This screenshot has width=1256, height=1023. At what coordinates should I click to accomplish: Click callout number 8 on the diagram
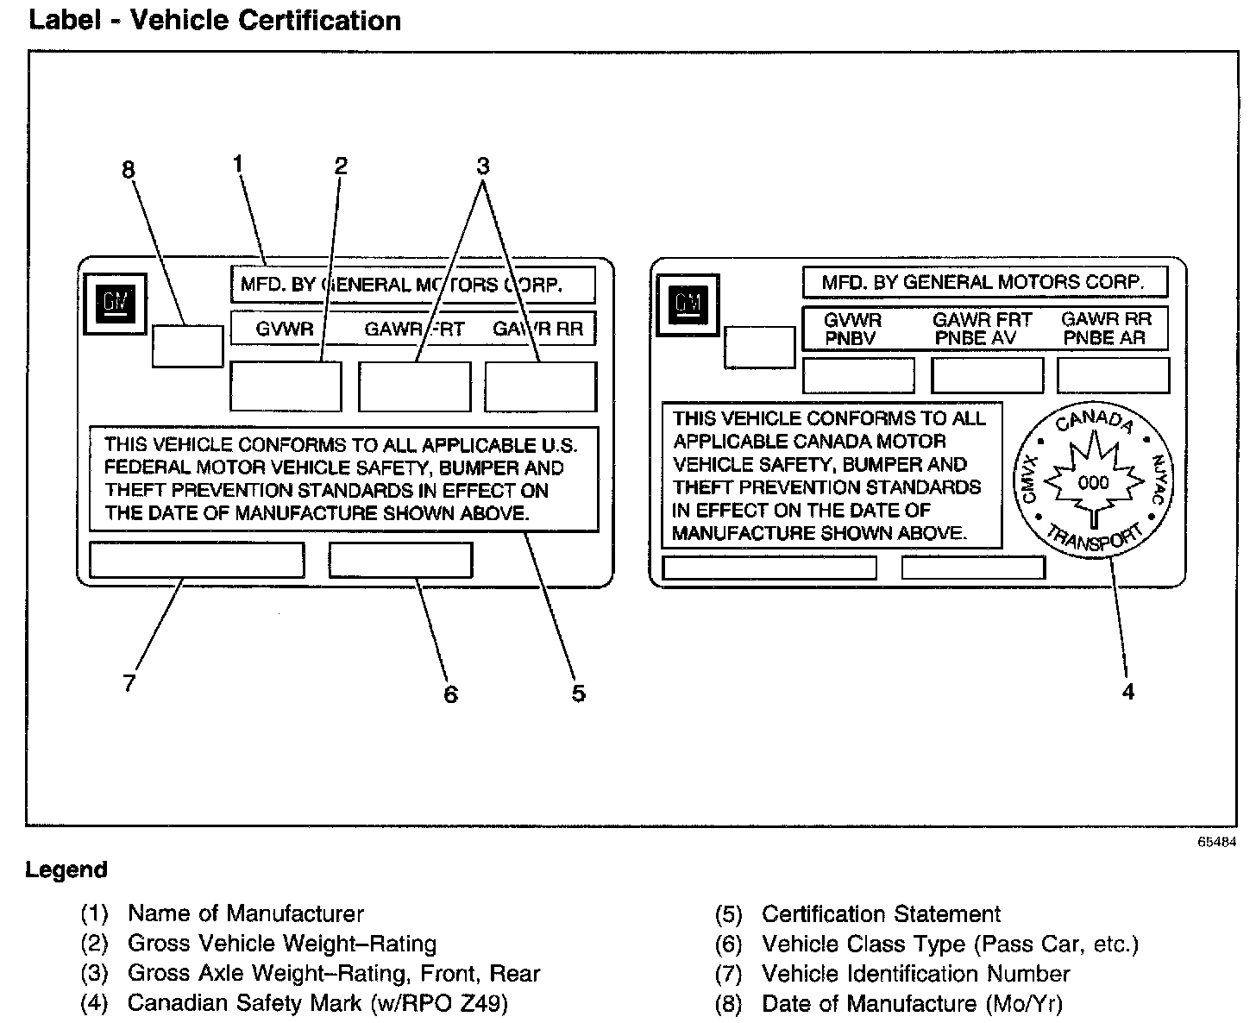129,170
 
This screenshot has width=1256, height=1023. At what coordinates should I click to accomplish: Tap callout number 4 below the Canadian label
1127,691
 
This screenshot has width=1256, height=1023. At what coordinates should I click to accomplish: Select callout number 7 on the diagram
129,683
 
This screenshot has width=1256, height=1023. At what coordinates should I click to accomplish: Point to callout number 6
450,694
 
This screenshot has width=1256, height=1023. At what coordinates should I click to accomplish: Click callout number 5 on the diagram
578,693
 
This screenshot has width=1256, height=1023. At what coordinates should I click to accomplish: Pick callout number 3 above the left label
483,165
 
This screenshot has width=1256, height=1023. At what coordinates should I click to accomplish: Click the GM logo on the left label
115,304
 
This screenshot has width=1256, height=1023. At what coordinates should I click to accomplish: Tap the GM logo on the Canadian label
688,304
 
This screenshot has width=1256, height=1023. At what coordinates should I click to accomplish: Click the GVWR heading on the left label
285,329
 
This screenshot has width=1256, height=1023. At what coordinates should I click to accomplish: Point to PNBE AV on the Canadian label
977,339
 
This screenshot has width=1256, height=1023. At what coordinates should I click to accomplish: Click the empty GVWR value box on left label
286,386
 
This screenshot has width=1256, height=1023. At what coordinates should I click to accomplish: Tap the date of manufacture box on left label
187,346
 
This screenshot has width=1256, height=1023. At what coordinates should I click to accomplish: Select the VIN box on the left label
197,560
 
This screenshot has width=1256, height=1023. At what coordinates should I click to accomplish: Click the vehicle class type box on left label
400,560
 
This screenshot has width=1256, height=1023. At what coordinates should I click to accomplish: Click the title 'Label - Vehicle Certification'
215,20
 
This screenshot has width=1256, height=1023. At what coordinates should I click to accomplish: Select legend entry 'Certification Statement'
881,914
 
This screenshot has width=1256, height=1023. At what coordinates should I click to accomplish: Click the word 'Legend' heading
66,869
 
